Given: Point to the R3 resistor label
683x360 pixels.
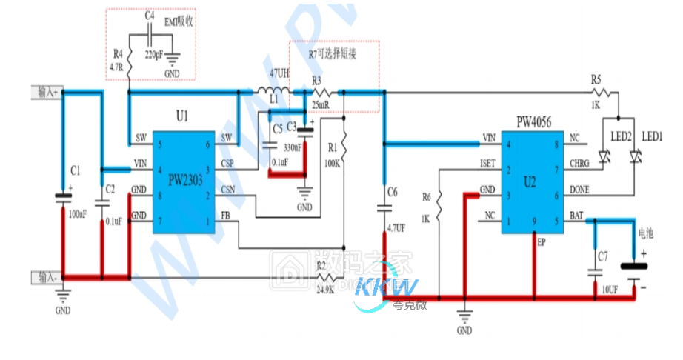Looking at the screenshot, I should pyautogui.click(x=316, y=80).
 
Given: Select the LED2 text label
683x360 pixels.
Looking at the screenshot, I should pyautogui.click(x=621, y=137).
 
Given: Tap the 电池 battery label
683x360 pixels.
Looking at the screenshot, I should pyautogui.click(x=646, y=233).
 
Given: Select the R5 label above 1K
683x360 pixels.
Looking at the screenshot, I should pyautogui.click(x=596, y=79).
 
